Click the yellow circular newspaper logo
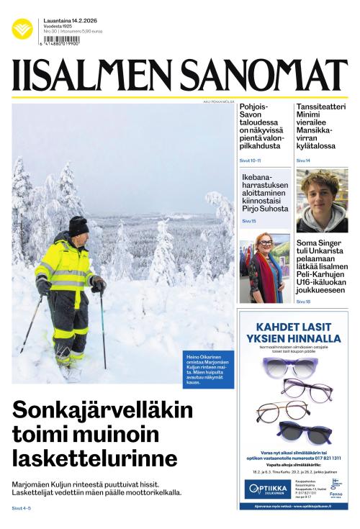[22, 29]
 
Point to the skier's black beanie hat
[78, 226]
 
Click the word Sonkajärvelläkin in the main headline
[103, 412]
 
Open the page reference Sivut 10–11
[250, 160]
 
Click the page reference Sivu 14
[303, 160]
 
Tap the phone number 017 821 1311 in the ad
[325, 458]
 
